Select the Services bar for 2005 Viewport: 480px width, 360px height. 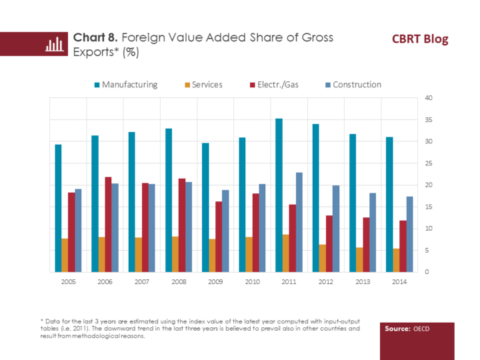65,255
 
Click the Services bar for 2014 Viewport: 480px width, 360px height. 396,260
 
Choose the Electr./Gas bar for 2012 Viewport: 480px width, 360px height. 329,243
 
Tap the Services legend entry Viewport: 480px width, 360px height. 203,85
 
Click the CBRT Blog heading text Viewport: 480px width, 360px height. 420,39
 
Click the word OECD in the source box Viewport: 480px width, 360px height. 421,329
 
